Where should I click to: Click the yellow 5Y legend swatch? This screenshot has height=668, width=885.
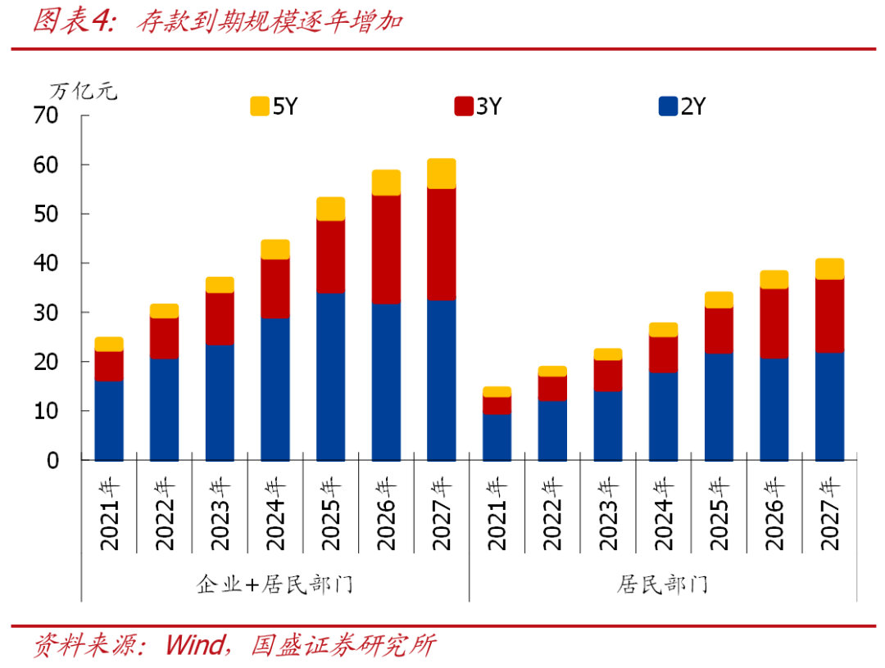click(260, 106)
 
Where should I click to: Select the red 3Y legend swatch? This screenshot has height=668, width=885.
click(464, 106)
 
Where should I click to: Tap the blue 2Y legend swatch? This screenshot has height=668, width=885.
click(668, 106)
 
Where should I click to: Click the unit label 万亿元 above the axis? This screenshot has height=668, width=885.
click(84, 90)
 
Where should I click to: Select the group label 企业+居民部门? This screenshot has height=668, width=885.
click(275, 584)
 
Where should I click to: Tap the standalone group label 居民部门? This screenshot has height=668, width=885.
click(662, 584)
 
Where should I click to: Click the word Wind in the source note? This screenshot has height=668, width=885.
click(194, 645)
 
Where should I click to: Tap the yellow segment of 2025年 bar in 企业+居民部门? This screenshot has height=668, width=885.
click(330, 209)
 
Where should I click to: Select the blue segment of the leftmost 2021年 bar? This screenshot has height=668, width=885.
click(109, 421)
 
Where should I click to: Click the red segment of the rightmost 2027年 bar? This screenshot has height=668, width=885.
click(829, 316)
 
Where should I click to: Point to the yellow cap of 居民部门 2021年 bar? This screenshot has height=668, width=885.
click(497, 391)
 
